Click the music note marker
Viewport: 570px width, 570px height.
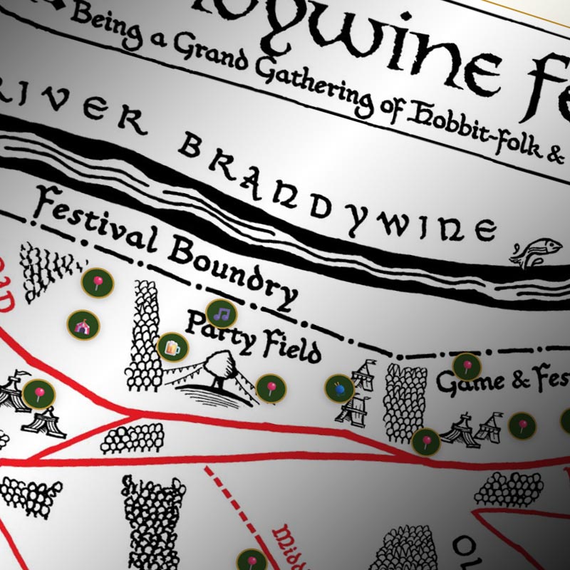tap(221, 313)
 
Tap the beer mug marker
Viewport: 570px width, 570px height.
tap(172, 348)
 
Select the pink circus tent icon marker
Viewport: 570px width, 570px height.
tap(83, 326)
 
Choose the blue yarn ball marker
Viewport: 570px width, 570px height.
tap(339, 388)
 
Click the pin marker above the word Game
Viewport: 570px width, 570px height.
tap(467, 367)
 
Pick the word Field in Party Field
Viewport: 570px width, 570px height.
tap(288, 347)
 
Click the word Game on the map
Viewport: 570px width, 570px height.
tap(467, 385)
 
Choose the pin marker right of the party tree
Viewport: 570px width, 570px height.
tap(271, 388)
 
